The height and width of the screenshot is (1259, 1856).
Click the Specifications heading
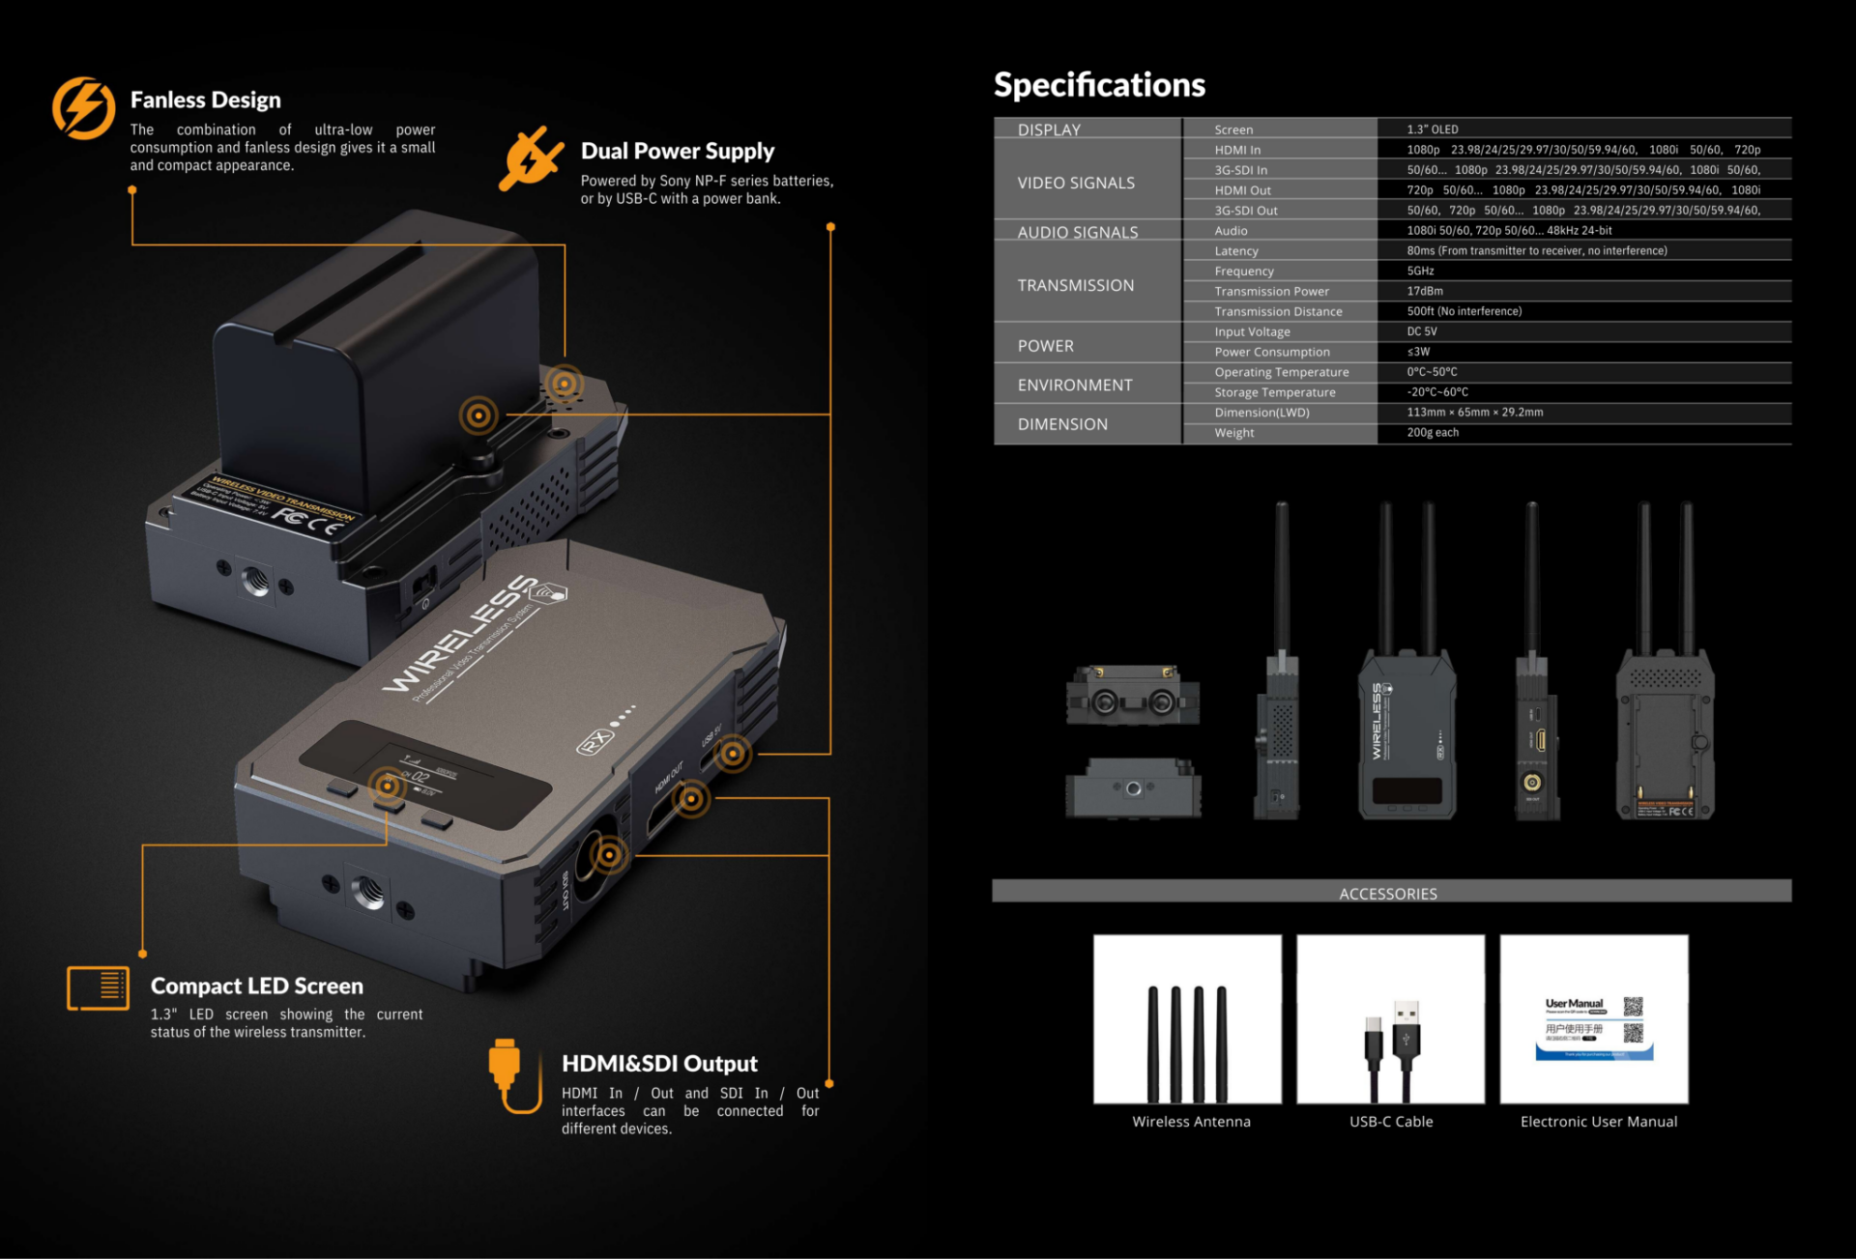tap(1099, 85)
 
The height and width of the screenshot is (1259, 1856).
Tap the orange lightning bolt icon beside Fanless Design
tap(83, 107)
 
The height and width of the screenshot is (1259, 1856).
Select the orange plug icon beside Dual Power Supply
tap(530, 157)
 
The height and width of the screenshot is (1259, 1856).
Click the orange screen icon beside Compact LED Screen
tap(98, 987)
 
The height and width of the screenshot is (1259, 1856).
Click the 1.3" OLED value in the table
tap(1433, 129)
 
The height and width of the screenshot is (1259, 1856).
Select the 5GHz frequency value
tap(1420, 272)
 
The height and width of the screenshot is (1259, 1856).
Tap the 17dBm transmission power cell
tap(1425, 291)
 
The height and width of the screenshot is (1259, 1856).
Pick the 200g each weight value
tap(1433, 433)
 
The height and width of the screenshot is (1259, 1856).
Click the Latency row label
tap(1236, 251)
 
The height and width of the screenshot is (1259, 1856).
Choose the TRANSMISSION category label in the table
tap(1076, 285)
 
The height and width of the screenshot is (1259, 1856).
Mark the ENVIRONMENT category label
tap(1075, 385)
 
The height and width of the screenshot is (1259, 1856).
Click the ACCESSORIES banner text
tap(1388, 894)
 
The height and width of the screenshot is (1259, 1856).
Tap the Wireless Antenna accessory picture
tap(1187, 1018)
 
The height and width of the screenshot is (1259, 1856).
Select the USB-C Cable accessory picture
tap(1390, 1018)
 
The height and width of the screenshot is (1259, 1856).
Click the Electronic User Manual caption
tap(1598, 1122)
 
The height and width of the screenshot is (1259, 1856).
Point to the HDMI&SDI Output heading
tap(659, 1064)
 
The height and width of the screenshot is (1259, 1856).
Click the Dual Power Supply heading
tap(678, 151)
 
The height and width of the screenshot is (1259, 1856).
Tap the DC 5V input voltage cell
tap(1422, 331)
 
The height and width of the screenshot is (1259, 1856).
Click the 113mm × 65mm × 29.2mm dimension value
tap(1474, 413)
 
